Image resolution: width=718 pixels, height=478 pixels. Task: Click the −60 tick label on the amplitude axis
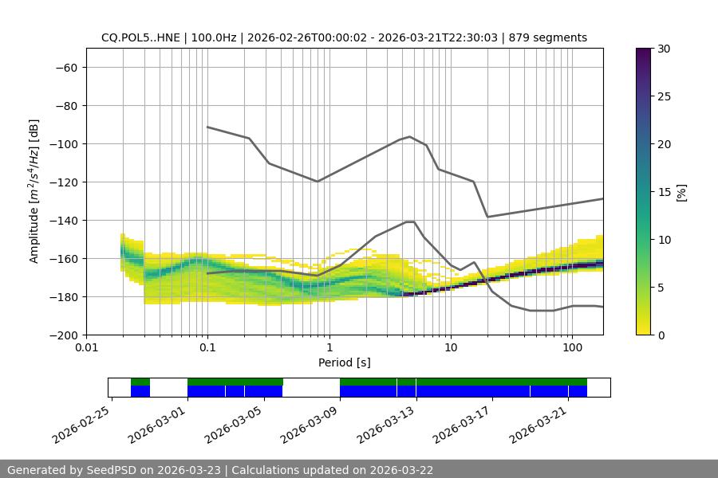pos(66,67)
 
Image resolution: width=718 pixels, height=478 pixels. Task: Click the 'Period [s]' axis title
pos(345,362)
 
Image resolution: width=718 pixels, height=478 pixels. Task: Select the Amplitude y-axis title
pos(34,191)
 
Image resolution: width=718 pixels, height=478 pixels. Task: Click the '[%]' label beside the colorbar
pos(681,192)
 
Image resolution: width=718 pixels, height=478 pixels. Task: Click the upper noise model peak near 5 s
pos(410,136)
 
